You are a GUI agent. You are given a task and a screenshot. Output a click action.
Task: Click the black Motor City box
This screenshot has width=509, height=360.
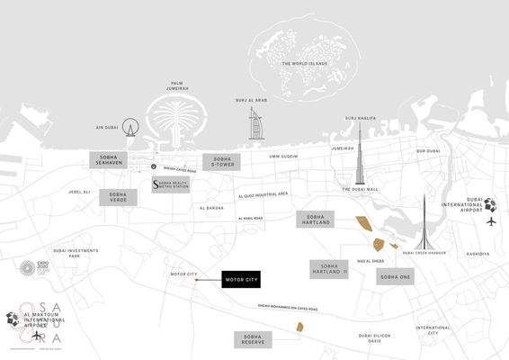point(240,281)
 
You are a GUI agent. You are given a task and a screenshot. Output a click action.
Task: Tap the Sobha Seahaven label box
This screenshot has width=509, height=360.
point(112,159)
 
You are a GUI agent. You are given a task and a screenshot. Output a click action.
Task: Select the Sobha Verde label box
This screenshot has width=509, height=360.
point(118,198)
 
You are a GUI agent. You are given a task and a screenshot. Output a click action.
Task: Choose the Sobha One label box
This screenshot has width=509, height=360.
point(395,276)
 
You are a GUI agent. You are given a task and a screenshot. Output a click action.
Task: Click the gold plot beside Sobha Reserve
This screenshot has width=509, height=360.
point(299,330)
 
